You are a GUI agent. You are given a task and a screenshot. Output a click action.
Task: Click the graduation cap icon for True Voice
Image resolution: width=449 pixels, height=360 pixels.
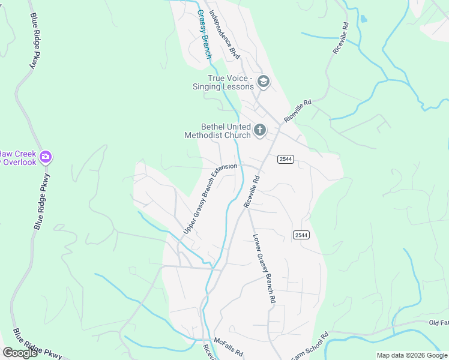click(262, 81)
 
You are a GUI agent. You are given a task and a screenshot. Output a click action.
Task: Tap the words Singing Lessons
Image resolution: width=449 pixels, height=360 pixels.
click(223, 87)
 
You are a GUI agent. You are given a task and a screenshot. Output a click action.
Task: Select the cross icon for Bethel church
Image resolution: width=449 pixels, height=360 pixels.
click(260, 130)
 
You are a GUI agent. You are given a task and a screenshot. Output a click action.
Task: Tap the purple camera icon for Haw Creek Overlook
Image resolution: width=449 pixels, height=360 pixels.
click(45, 157)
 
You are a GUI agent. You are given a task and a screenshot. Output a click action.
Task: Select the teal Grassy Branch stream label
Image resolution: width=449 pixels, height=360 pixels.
click(205, 34)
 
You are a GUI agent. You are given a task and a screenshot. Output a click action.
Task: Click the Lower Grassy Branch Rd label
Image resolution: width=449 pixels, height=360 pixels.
click(264, 268)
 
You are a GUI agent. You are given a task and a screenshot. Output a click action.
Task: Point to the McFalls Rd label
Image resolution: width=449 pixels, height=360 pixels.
click(228, 345)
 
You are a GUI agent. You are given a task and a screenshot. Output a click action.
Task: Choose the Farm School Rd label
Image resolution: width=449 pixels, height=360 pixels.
click(310, 346)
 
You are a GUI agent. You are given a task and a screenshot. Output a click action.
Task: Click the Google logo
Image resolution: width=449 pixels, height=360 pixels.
click(20, 353)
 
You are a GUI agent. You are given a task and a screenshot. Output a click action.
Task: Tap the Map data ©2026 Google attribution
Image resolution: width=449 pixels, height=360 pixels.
click(411, 355)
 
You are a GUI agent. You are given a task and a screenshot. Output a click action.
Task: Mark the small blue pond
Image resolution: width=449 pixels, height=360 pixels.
click(363, 19)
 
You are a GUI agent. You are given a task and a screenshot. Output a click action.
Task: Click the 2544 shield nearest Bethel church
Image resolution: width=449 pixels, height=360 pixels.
click(285, 158)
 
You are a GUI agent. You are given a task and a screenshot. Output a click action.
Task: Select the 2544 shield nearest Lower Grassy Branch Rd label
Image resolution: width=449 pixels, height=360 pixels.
click(301, 235)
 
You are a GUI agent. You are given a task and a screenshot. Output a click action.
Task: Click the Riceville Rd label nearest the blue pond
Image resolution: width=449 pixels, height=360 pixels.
click(340, 39)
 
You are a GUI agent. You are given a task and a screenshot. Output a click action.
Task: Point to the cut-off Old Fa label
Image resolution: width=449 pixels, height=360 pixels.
click(438, 323)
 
